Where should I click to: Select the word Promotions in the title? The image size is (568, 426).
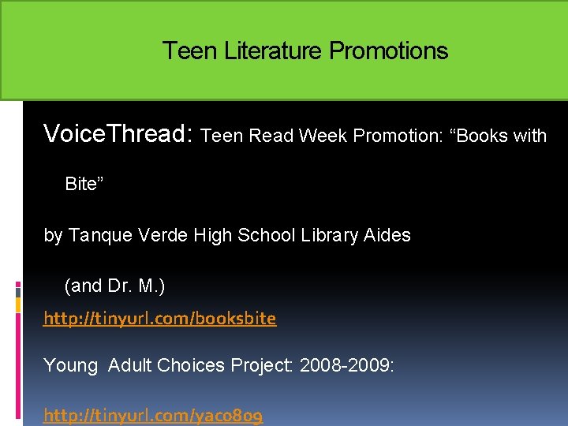coord(389,51)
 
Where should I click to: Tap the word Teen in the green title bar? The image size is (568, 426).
coord(190,51)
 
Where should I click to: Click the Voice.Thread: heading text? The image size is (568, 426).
coord(119,134)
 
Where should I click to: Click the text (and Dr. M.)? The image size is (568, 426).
coord(114,286)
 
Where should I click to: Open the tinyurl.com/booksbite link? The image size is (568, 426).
coord(160,319)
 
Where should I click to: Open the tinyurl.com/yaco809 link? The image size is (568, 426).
coord(153,415)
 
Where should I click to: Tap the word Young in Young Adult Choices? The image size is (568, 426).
coord(71,365)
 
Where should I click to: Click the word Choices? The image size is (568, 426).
coord(189,365)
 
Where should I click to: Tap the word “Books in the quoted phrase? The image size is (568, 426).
coord(479,136)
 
